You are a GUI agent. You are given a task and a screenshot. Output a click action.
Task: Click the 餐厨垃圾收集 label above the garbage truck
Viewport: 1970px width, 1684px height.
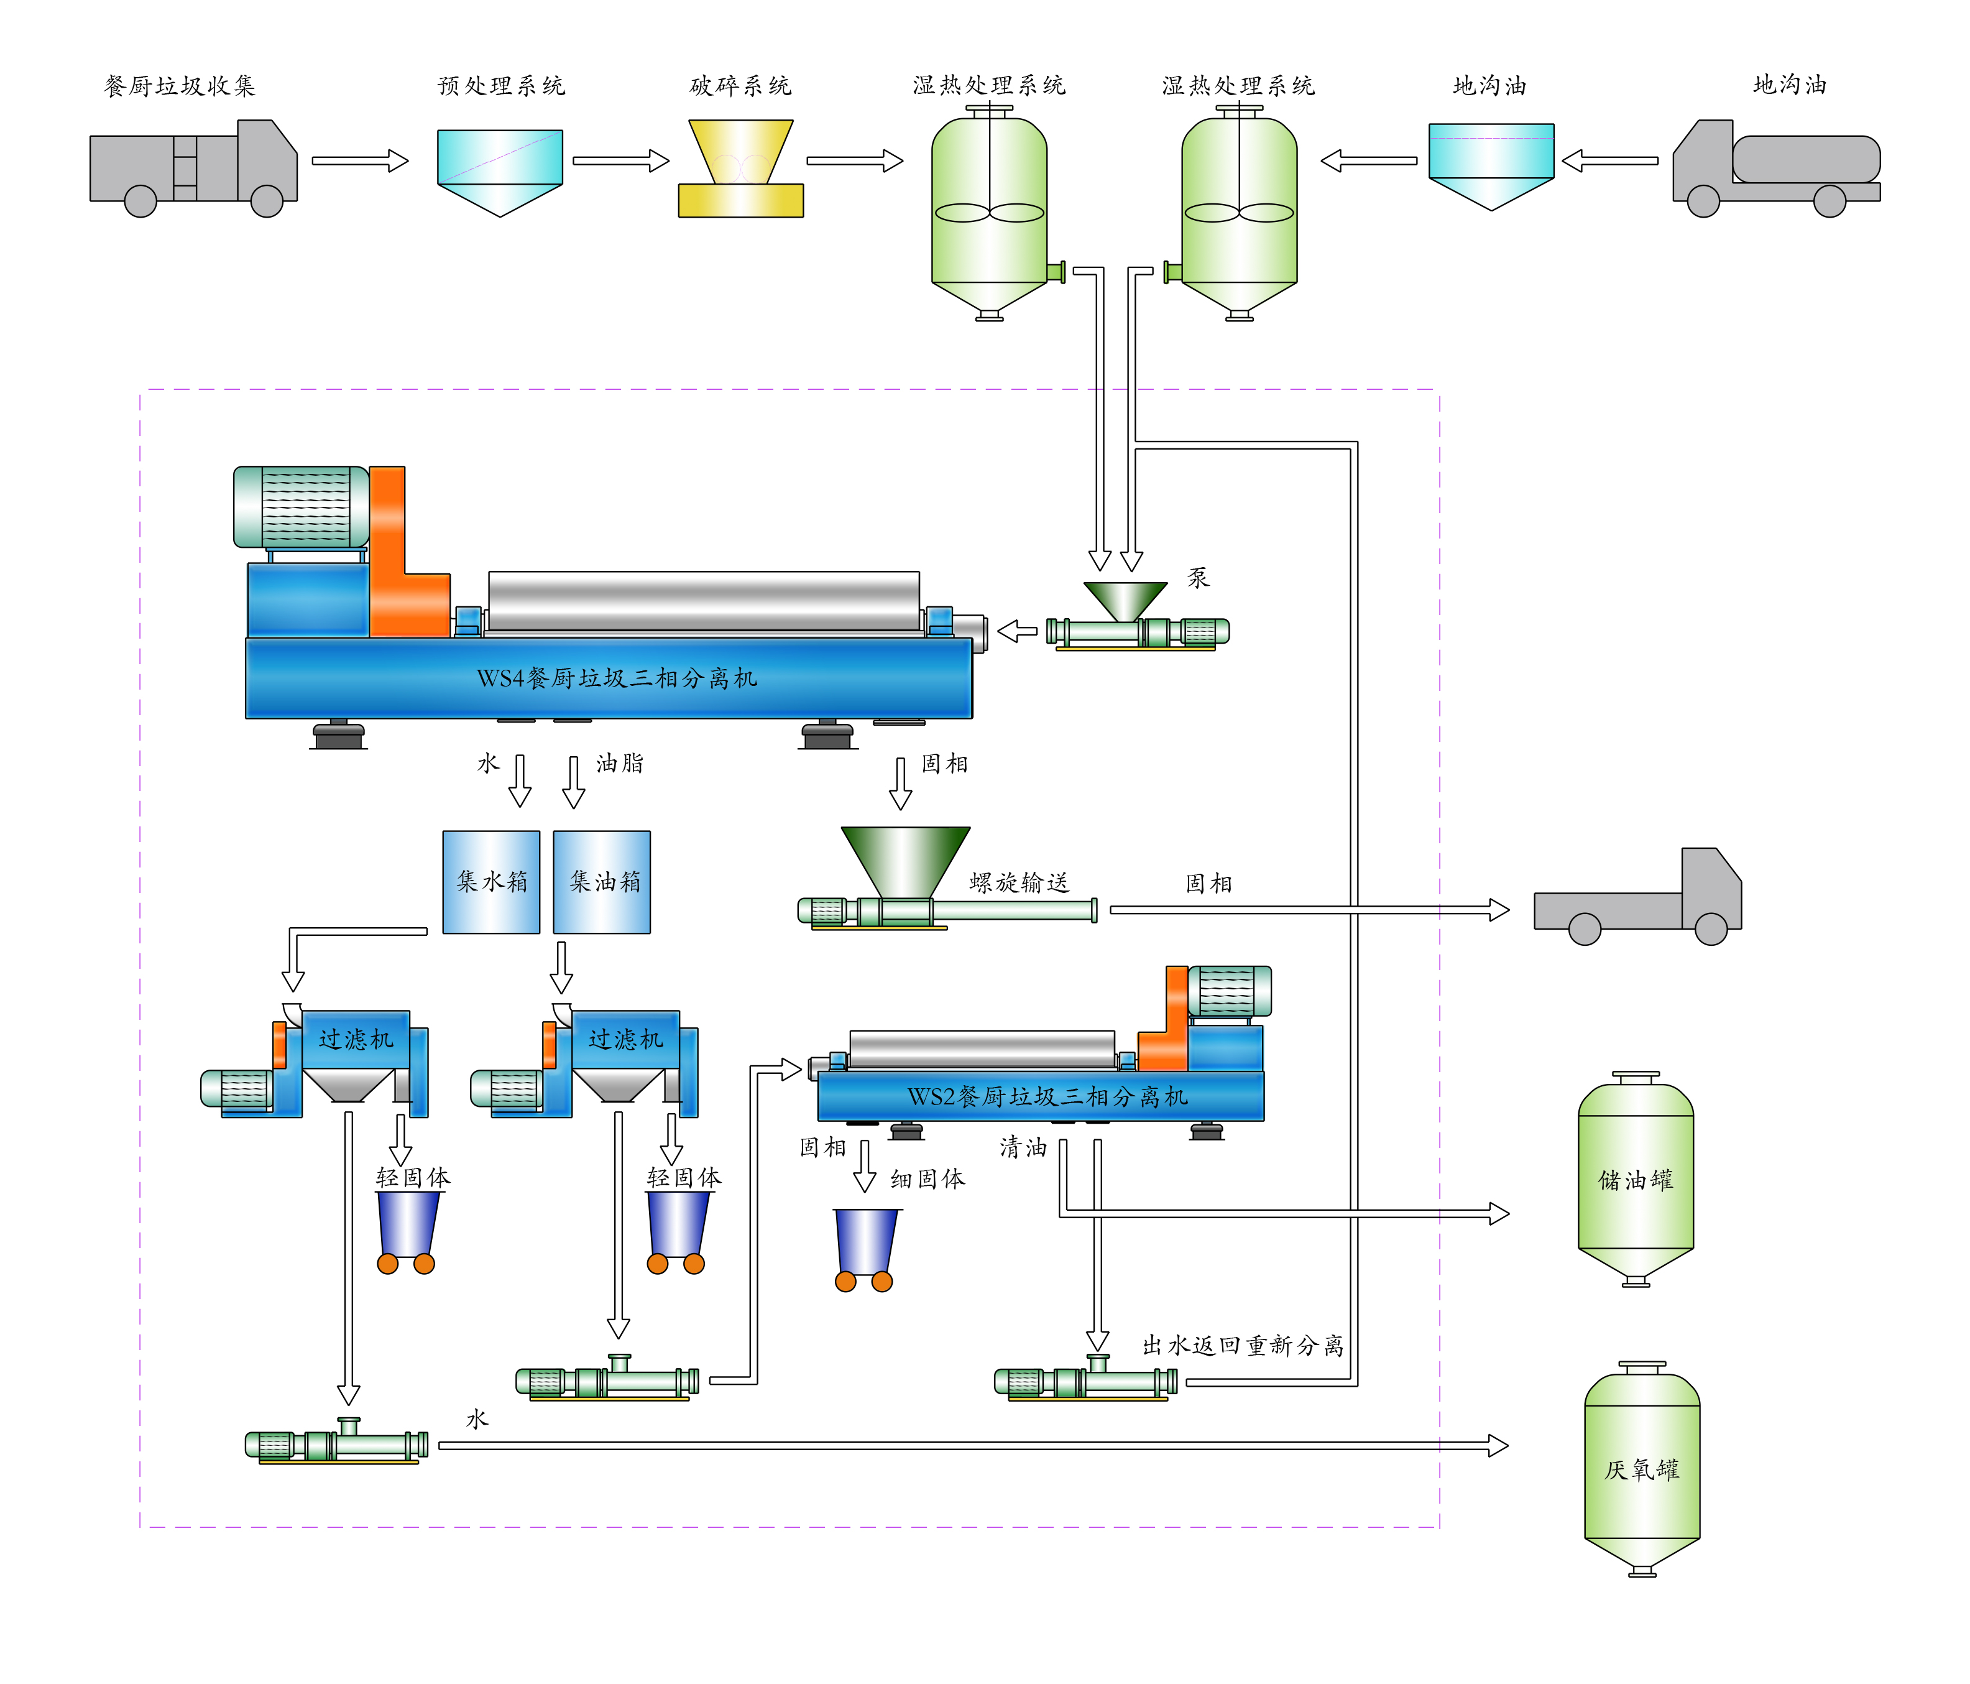[x=180, y=86]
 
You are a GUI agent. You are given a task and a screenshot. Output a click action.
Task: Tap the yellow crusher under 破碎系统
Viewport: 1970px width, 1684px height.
[x=740, y=169]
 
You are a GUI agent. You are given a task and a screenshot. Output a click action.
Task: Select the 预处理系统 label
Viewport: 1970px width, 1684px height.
[x=501, y=86]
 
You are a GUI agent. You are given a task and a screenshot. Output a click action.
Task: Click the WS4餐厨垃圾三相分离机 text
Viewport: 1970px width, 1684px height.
[x=616, y=678]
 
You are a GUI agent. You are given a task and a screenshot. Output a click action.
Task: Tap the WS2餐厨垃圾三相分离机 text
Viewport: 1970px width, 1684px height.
[x=1047, y=1096]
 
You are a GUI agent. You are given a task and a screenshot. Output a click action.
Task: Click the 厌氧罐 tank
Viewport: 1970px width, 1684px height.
[x=1642, y=1469]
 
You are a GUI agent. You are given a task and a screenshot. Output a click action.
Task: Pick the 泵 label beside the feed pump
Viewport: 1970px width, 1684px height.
[x=1198, y=577]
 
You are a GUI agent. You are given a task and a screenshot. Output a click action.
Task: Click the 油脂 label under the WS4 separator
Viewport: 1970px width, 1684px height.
[x=620, y=762]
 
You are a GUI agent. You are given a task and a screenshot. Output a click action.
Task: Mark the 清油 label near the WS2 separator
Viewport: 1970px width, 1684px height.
[x=1023, y=1148]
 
